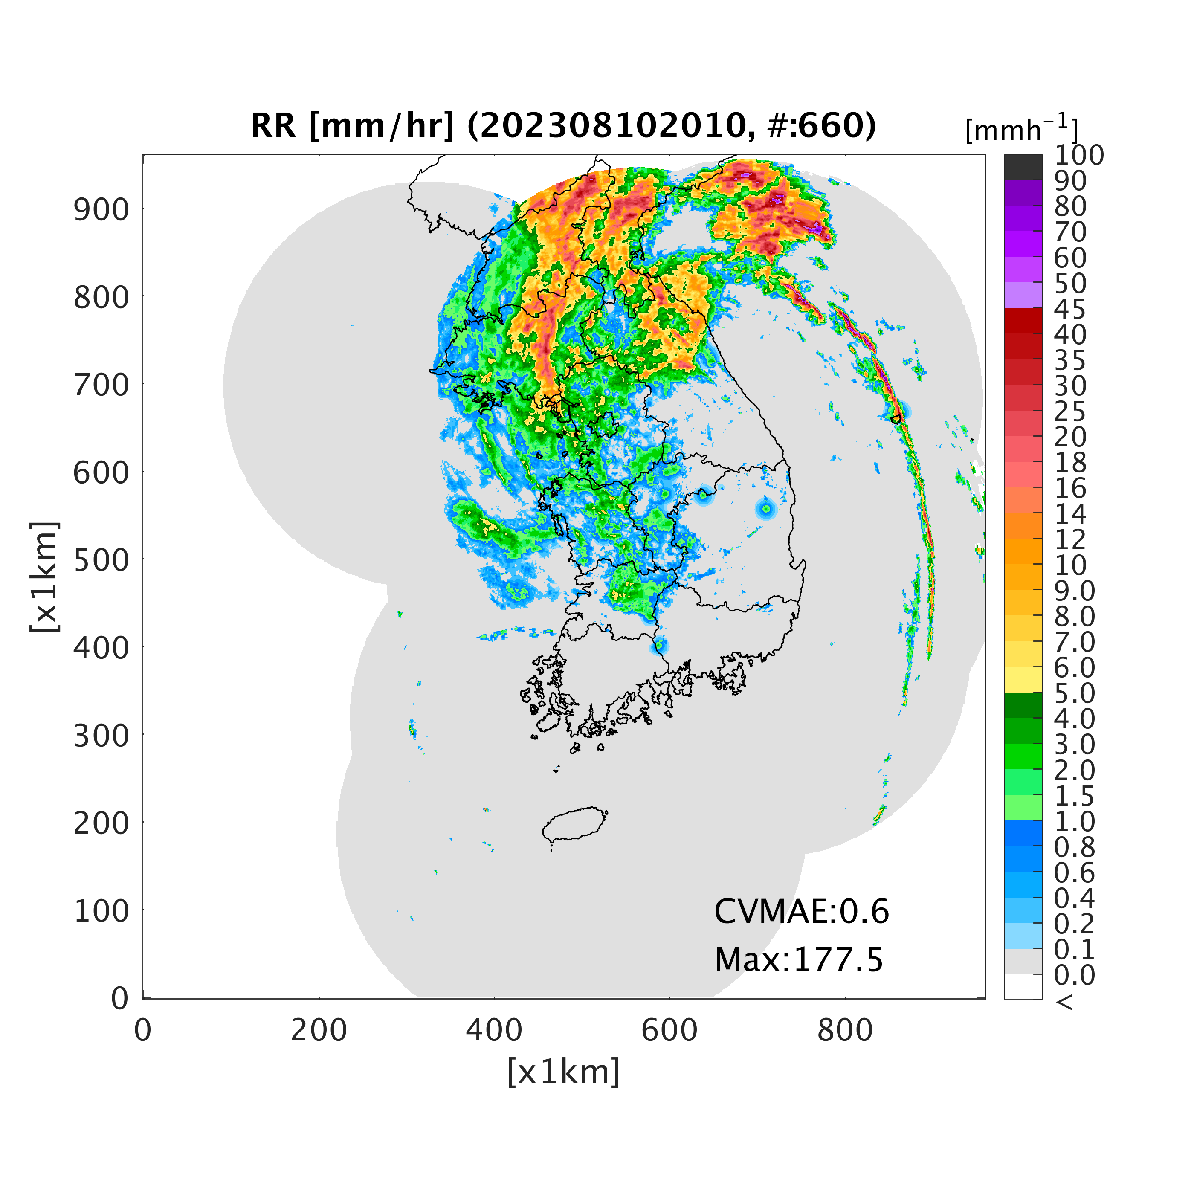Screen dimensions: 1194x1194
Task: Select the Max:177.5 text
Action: click(x=798, y=960)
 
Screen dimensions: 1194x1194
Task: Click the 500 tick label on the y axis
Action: click(x=102, y=560)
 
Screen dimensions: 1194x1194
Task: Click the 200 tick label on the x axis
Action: click(x=319, y=1030)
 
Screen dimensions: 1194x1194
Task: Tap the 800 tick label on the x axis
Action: click(x=845, y=1030)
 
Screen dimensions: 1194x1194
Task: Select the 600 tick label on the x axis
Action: click(x=669, y=1030)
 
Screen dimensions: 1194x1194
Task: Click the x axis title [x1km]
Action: click(x=563, y=1072)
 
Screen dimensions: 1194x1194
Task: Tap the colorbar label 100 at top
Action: click(x=1078, y=155)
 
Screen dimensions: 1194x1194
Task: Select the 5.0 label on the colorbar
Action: click(x=1074, y=693)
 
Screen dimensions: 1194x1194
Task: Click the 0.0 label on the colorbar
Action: click(x=1074, y=975)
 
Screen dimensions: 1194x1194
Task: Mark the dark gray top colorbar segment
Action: click(x=1023, y=167)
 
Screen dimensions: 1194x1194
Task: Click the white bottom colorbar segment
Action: click(x=1023, y=987)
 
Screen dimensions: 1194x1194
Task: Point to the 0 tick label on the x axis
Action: click(x=143, y=1030)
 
